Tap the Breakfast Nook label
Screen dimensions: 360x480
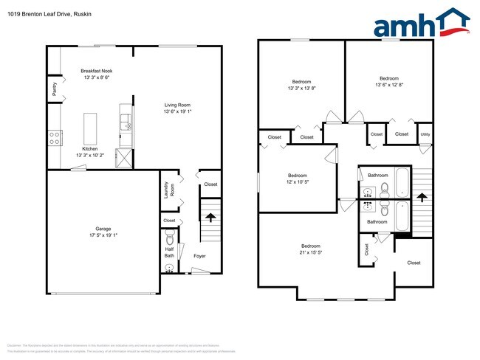click(96, 71)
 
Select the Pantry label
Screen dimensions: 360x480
click(55, 89)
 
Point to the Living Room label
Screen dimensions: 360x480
click(177, 105)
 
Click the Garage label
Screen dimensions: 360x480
click(103, 229)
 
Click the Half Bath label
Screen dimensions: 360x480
click(168, 252)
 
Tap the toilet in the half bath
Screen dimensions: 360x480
click(169, 239)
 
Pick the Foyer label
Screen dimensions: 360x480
click(199, 256)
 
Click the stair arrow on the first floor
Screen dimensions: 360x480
click(210, 218)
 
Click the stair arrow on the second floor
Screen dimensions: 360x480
click(421, 197)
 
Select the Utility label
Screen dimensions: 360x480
click(425, 134)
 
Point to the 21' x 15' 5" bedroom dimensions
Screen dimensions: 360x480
click(310, 252)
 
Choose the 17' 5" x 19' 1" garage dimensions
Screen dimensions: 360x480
click(103, 235)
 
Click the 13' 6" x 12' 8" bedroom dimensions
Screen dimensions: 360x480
click(389, 85)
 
